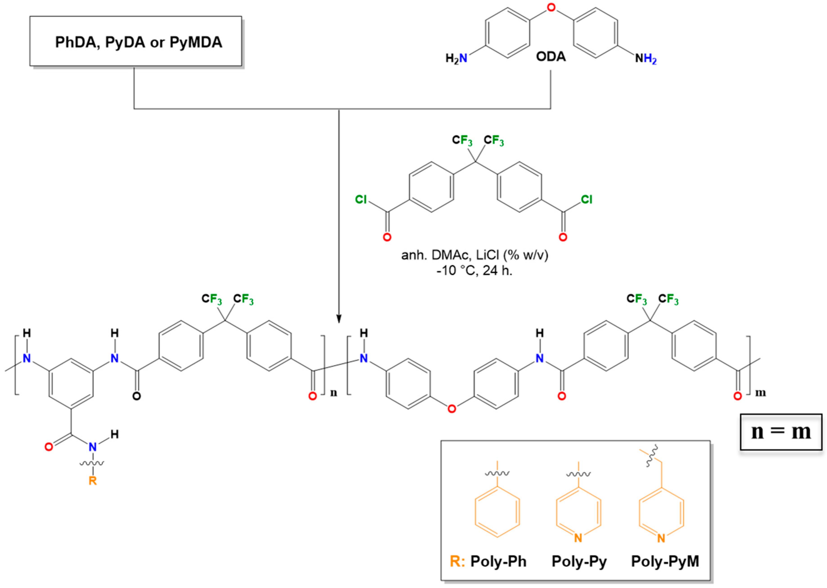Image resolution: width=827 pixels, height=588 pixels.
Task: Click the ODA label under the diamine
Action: (x=551, y=57)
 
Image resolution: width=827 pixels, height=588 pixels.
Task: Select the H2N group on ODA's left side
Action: (x=456, y=58)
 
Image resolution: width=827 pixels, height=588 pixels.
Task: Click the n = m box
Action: (x=781, y=432)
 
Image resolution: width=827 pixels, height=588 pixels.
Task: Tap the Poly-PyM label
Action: (x=665, y=561)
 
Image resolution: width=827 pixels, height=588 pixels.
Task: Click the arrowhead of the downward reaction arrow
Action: (x=339, y=319)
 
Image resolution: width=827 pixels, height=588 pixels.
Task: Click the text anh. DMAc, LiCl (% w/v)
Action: (x=475, y=255)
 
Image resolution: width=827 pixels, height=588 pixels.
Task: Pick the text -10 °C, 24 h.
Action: (x=475, y=270)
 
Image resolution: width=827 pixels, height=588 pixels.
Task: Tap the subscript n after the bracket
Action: (x=333, y=393)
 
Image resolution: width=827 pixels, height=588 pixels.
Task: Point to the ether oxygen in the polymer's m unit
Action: (x=451, y=409)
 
